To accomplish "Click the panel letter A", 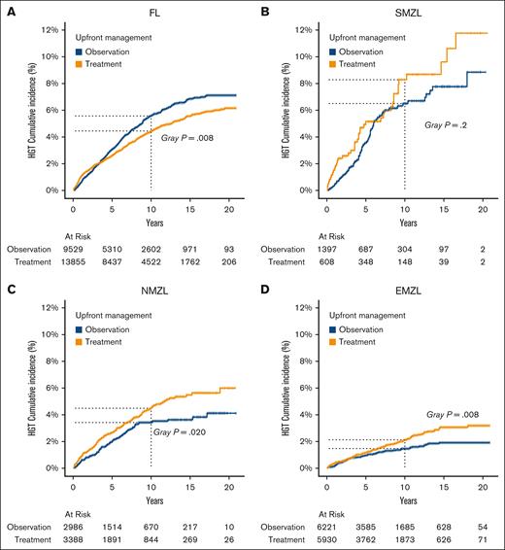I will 8,10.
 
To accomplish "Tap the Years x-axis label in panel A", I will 151,220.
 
